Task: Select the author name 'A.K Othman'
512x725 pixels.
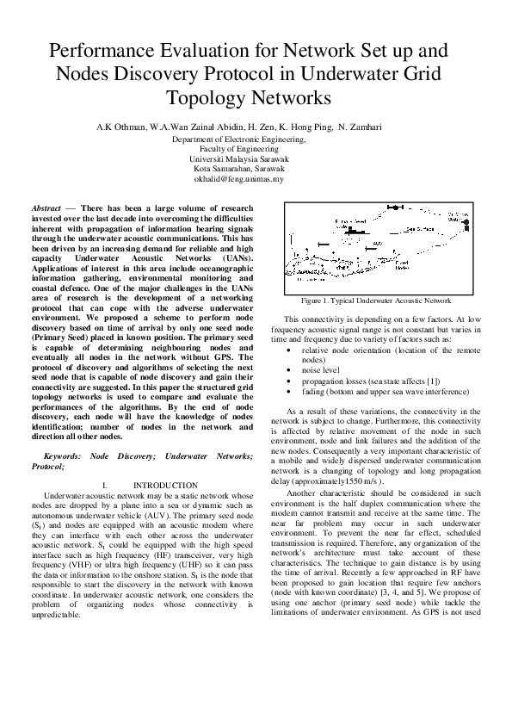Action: click(121, 127)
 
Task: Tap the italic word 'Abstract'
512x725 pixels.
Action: click(46, 209)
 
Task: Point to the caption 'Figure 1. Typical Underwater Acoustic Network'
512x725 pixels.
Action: click(375, 301)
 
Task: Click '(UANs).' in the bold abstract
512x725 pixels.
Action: click(232, 257)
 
